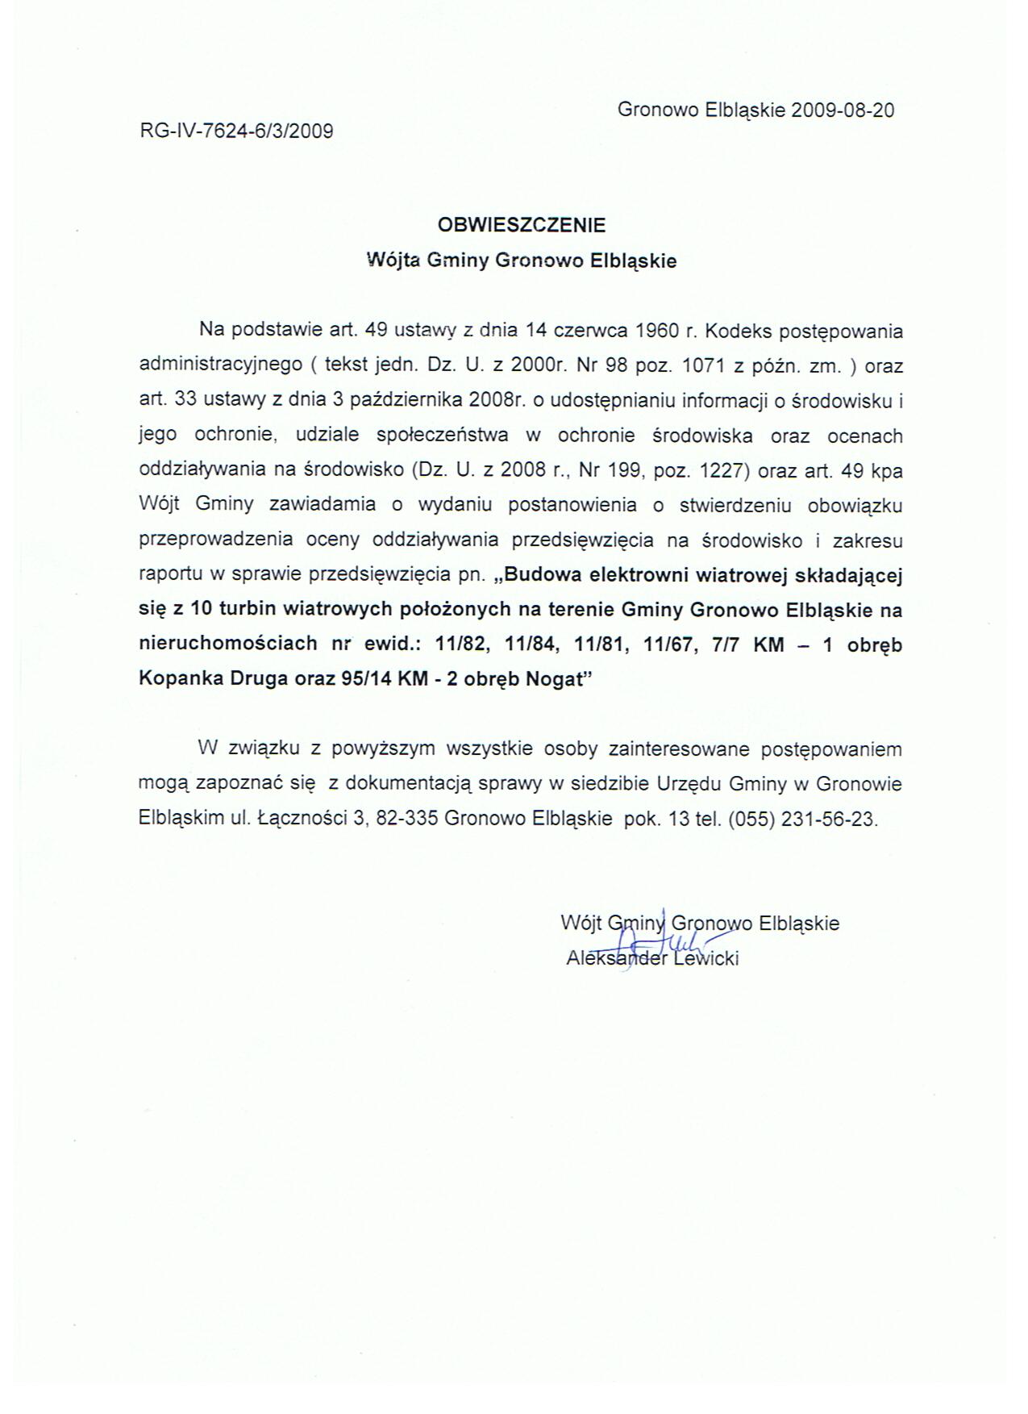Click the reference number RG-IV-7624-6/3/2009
(236, 131)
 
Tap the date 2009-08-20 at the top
(843, 111)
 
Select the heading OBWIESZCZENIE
(521, 224)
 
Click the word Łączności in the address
(301, 819)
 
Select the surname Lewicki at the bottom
(705, 958)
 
